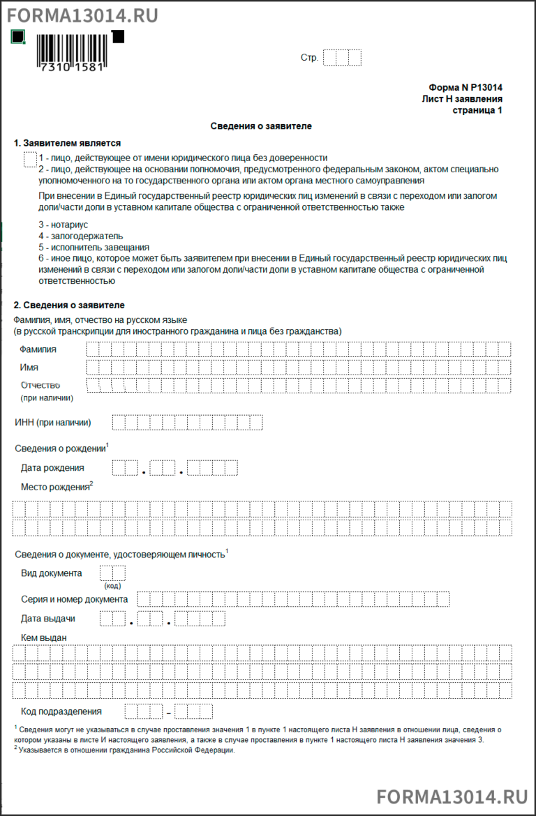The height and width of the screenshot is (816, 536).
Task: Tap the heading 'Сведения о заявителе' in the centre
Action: pos(261,126)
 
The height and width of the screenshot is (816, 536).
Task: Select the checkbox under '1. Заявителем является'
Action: pos(30,160)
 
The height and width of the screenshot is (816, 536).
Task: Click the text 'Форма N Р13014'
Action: pos(466,88)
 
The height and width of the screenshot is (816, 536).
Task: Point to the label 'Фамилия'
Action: pos(38,349)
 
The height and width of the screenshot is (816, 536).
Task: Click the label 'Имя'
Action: pos(29,367)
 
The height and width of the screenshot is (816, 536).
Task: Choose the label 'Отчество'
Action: pos(40,385)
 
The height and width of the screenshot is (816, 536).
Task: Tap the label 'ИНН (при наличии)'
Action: pos(53,422)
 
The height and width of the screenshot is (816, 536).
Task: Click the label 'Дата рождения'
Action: pos(52,467)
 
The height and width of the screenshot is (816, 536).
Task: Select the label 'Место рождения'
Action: pos(55,486)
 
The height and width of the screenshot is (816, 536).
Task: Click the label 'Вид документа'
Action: pos(51,573)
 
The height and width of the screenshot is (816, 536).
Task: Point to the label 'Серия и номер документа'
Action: pos(74,599)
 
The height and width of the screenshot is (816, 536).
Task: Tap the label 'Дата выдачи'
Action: pos(47,618)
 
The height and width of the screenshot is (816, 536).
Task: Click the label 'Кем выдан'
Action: pos(43,637)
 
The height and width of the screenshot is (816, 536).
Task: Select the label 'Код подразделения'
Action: pos(61,711)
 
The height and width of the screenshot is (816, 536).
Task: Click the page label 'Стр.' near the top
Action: pos(309,58)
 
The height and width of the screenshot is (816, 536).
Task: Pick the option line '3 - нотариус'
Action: pos(64,225)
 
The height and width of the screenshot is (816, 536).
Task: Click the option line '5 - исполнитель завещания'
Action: pos(94,247)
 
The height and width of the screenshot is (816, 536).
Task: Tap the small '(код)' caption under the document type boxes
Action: pos(112,586)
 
